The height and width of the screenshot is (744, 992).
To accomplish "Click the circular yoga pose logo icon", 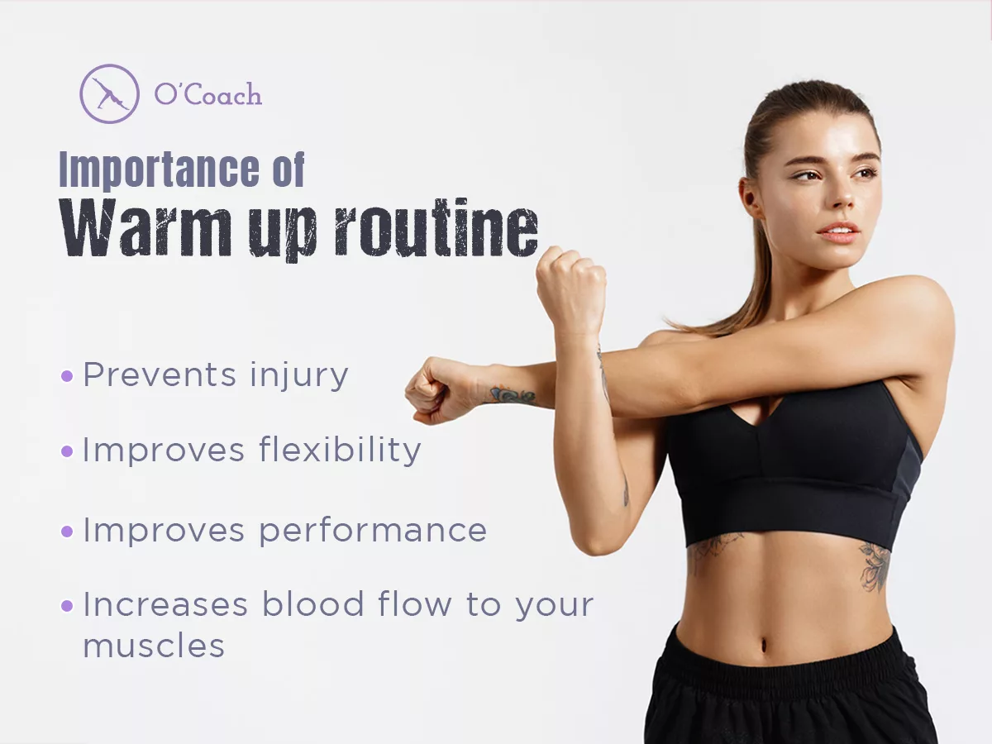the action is click(109, 93).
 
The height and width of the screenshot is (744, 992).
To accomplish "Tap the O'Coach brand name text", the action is click(207, 95).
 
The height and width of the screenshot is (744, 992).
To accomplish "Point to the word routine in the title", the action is click(436, 227).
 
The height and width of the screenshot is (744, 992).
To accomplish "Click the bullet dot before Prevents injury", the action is click(67, 376).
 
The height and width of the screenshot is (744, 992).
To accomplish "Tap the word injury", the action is click(298, 376).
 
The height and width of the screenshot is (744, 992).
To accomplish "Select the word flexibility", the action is click(340, 450).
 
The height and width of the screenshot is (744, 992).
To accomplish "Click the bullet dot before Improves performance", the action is click(67, 532).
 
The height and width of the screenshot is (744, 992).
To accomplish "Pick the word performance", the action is click(373, 532).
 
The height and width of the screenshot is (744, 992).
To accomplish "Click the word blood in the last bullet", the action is click(312, 603).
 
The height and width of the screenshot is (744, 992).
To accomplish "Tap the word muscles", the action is click(154, 646).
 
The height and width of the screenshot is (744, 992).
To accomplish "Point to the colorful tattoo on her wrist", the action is click(513, 396).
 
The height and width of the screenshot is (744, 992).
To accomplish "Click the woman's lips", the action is click(839, 231).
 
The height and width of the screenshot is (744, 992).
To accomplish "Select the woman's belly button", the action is click(764, 645).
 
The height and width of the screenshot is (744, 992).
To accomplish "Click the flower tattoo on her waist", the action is click(877, 566).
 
